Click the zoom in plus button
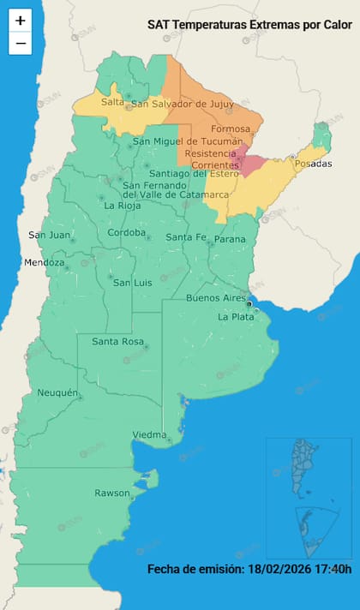[21, 21]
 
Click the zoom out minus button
[21, 43]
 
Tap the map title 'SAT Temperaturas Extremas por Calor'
[249, 27]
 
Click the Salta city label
[112, 102]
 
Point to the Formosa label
[231, 129]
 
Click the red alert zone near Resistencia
[250, 162]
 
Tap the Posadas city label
[313, 164]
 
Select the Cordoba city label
[127, 233]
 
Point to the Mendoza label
[45, 262]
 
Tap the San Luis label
[133, 283]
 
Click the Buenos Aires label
[215, 297]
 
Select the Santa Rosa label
[117, 342]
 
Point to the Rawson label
[111, 493]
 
